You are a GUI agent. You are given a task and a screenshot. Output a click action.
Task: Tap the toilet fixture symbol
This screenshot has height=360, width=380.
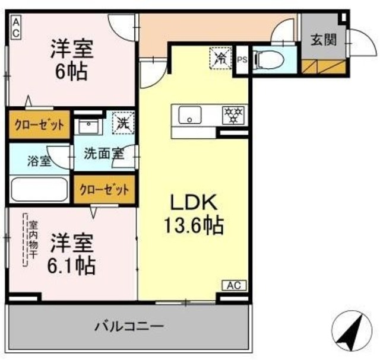[x=266, y=60]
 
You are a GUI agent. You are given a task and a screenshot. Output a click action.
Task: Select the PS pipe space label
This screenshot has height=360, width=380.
[x=242, y=59]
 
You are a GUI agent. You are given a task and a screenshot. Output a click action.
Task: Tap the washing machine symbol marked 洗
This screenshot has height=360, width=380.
[x=123, y=123]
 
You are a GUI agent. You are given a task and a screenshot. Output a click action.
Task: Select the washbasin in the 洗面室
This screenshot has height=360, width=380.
[x=88, y=126]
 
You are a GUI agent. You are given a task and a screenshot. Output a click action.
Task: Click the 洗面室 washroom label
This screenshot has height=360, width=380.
[x=103, y=153]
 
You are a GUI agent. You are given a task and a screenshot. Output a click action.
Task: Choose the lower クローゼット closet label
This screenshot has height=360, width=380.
[x=104, y=190]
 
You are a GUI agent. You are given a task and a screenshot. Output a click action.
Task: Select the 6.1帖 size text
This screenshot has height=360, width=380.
[x=72, y=265]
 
